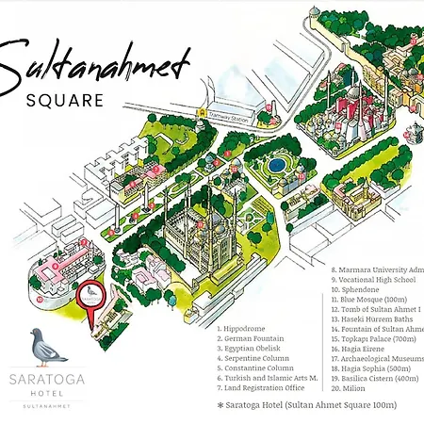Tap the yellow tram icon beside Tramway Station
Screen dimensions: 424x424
tap(201, 111)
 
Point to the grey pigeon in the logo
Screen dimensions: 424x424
tap(48, 346)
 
